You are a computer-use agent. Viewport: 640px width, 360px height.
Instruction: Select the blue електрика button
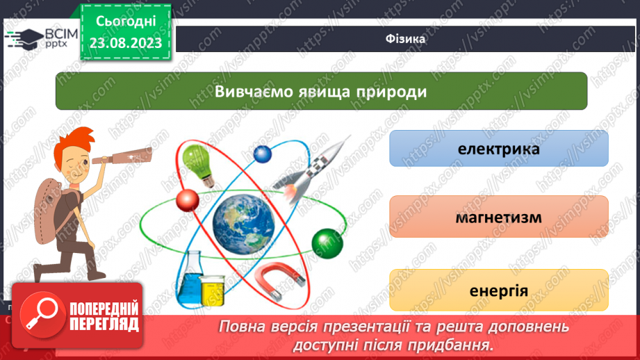pyautogui.click(x=498, y=149)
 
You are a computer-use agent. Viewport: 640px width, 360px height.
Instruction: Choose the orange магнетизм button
pyautogui.click(x=498, y=218)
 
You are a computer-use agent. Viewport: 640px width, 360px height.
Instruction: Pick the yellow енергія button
pyautogui.click(x=498, y=290)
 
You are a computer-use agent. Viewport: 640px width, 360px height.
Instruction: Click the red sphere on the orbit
pyautogui.click(x=188, y=200)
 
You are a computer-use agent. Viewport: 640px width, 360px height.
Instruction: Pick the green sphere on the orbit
pyautogui.click(x=323, y=242)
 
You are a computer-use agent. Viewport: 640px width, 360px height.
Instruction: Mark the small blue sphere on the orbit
pyautogui.click(x=262, y=153)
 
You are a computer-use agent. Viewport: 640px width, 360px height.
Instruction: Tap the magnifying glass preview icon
pyautogui.click(x=41, y=313)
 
